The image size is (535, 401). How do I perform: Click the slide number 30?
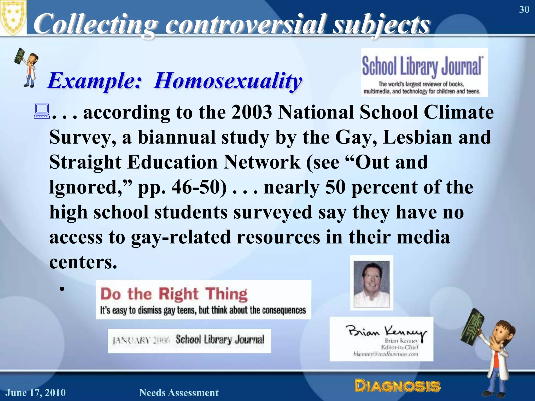click(524, 10)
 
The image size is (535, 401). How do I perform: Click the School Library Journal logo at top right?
click(424, 72)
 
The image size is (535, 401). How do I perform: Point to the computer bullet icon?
click(42, 112)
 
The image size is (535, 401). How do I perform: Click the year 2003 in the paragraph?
click(252, 112)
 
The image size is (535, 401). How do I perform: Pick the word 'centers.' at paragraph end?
click(83, 262)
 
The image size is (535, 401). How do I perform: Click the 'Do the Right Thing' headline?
click(174, 294)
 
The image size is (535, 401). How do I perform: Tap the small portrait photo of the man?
click(371, 283)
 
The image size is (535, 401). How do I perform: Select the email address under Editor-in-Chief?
click(386, 354)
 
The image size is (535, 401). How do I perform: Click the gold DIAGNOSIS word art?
click(397, 386)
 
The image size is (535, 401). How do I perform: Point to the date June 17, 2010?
click(36, 393)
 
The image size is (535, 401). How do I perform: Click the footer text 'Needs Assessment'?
click(179, 393)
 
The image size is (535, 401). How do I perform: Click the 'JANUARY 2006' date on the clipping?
click(141, 340)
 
